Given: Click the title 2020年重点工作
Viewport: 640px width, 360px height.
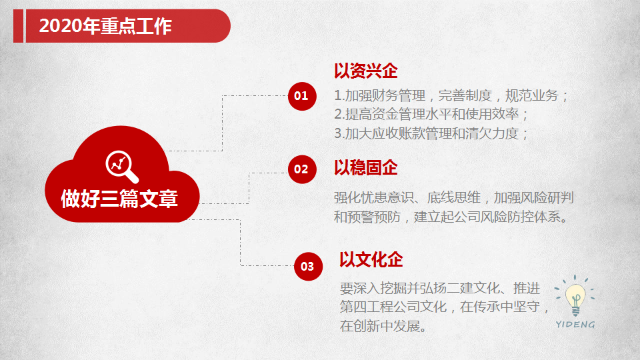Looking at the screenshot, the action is [x=105, y=26].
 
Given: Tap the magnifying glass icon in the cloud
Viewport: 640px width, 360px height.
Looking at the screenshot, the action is [x=121, y=167].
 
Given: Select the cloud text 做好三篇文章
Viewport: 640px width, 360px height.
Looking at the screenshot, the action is [x=119, y=199].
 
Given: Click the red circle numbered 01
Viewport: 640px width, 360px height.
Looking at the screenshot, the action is [x=302, y=96].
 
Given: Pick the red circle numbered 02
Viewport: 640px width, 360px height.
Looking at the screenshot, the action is [x=302, y=169].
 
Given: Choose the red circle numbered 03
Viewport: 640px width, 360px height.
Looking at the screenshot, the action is [x=308, y=267].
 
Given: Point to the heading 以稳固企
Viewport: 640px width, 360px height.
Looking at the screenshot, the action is [x=366, y=168].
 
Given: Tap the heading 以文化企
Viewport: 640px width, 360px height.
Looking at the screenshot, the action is [x=371, y=259].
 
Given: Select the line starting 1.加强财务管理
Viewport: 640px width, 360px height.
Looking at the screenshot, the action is [x=451, y=95].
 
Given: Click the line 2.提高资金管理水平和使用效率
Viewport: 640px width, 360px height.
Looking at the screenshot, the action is [x=431, y=114].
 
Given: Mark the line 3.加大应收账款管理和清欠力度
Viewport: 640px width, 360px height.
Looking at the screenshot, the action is [x=431, y=133].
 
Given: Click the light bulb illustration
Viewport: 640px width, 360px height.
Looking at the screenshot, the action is [x=575, y=295].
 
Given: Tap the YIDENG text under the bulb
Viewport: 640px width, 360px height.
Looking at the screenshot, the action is [x=575, y=325].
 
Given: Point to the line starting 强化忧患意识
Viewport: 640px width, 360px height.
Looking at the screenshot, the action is [x=454, y=197].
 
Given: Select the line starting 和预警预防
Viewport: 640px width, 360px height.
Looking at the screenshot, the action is [x=451, y=217].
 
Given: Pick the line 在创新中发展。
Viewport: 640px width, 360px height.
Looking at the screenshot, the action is [x=383, y=326].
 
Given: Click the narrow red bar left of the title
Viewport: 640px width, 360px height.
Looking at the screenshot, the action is [x=19, y=26].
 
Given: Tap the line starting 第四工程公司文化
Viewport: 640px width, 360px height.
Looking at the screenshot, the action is [x=445, y=307].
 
